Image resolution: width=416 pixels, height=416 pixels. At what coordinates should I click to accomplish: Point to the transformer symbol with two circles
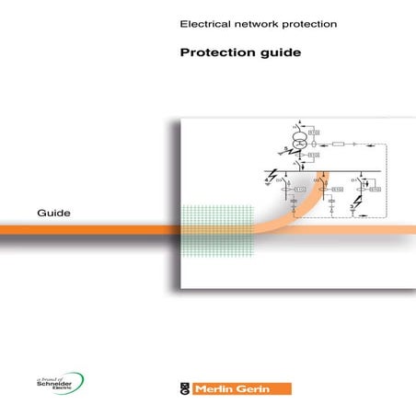coord(298,140)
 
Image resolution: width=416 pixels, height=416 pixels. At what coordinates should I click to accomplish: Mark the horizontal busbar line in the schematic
coord(322,171)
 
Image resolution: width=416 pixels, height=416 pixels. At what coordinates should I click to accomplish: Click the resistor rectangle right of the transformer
coord(340,144)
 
